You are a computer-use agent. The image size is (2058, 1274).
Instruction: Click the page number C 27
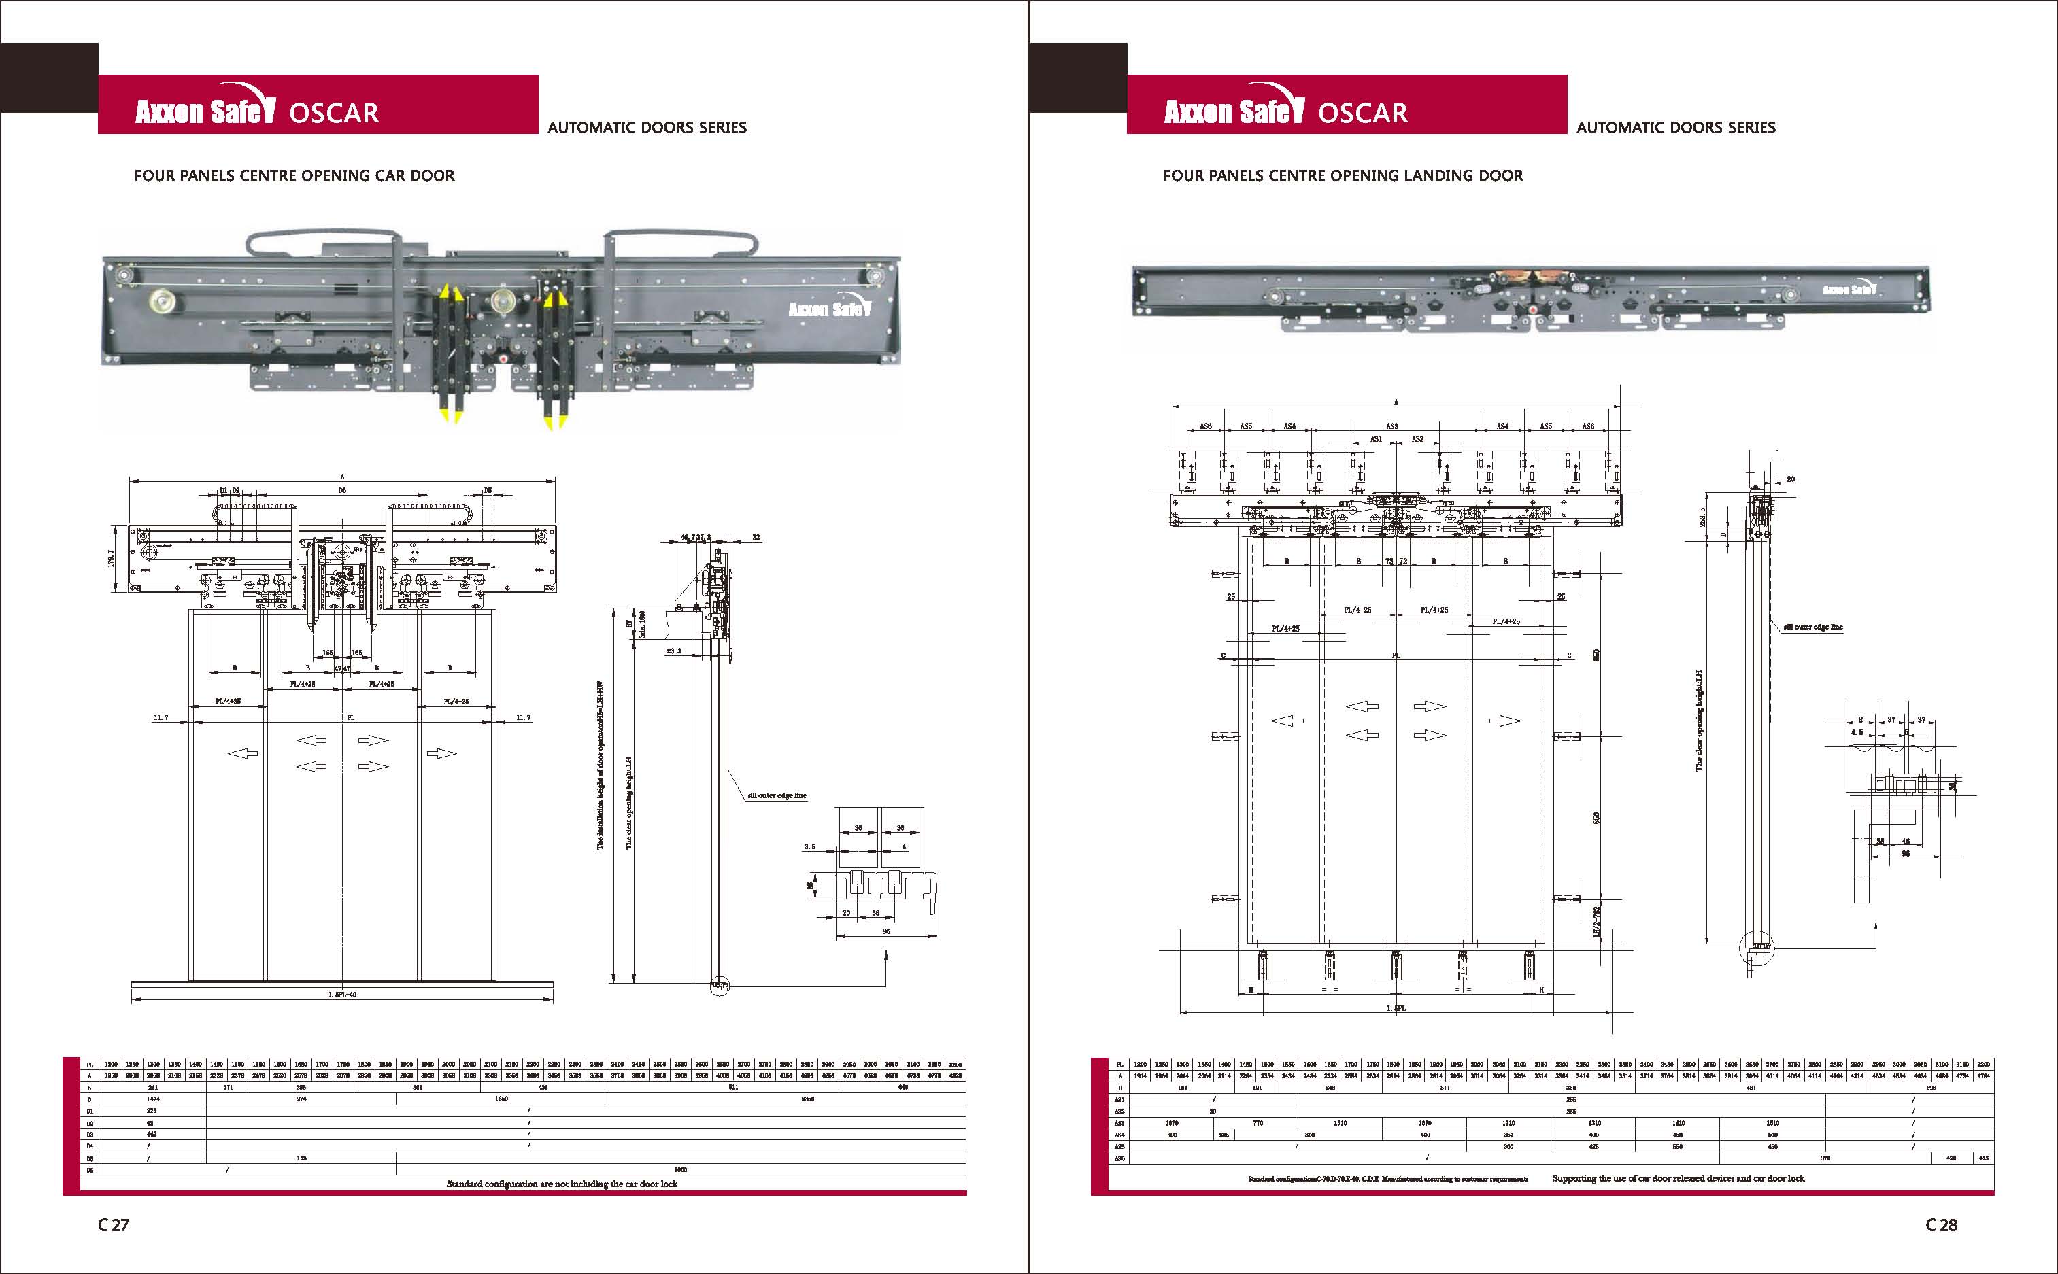pos(114,1225)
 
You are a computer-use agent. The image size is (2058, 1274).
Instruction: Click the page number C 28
pos(1942,1225)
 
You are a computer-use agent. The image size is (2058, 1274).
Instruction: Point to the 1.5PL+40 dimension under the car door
pos(342,995)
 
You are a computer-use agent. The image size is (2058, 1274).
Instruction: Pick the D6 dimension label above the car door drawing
pos(342,489)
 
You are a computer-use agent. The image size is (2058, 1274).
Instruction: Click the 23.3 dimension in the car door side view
pos(673,651)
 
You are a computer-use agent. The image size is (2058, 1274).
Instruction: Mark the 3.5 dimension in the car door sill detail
pos(809,846)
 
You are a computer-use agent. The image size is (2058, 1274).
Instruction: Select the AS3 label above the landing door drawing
pos(1392,426)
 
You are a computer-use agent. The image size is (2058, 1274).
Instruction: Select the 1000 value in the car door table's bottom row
pos(681,1169)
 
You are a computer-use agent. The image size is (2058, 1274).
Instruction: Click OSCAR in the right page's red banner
pos(1363,113)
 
